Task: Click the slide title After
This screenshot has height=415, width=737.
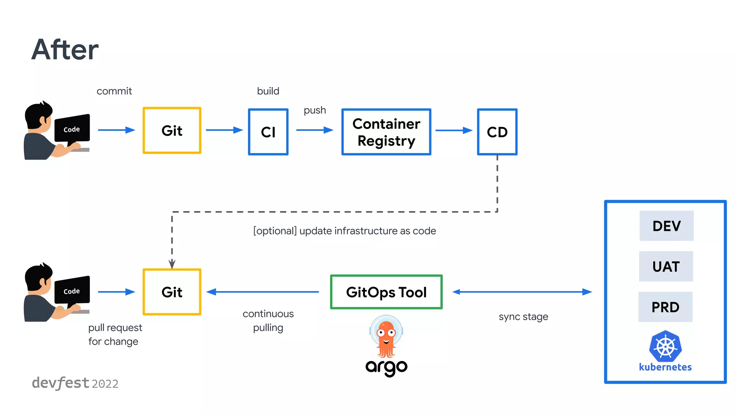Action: [x=65, y=50]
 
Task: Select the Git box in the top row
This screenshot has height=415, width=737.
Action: [x=172, y=130]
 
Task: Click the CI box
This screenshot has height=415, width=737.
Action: [x=268, y=132]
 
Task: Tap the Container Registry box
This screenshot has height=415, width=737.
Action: [x=386, y=132]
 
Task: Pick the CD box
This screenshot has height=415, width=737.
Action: [x=497, y=132]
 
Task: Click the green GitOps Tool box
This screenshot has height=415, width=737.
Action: [x=386, y=292]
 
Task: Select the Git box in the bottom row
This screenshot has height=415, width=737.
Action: [x=172, y=292]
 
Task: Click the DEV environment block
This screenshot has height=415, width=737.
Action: [x=666, y=226]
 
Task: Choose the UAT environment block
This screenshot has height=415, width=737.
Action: [x=666, y=267]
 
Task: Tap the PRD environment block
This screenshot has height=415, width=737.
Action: [x=665, y=307]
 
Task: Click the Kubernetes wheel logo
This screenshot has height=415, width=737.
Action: [x=665, y=346]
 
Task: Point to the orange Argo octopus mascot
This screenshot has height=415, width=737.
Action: [x=386, y=337]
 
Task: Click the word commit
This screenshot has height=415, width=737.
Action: [x=114, y=91]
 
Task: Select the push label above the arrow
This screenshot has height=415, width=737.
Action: [x=315, y=110]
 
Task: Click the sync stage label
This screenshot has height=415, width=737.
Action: [x=523, y=317]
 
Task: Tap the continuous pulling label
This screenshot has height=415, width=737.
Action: [x=268, y=321]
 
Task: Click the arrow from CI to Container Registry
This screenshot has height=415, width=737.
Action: [x=315, y=130]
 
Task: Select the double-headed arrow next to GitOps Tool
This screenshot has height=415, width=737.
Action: [x=522, y=292]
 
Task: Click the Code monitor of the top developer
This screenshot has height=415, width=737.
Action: [x=72, y=129]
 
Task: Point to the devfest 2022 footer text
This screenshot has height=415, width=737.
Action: [x=75, y=383]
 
